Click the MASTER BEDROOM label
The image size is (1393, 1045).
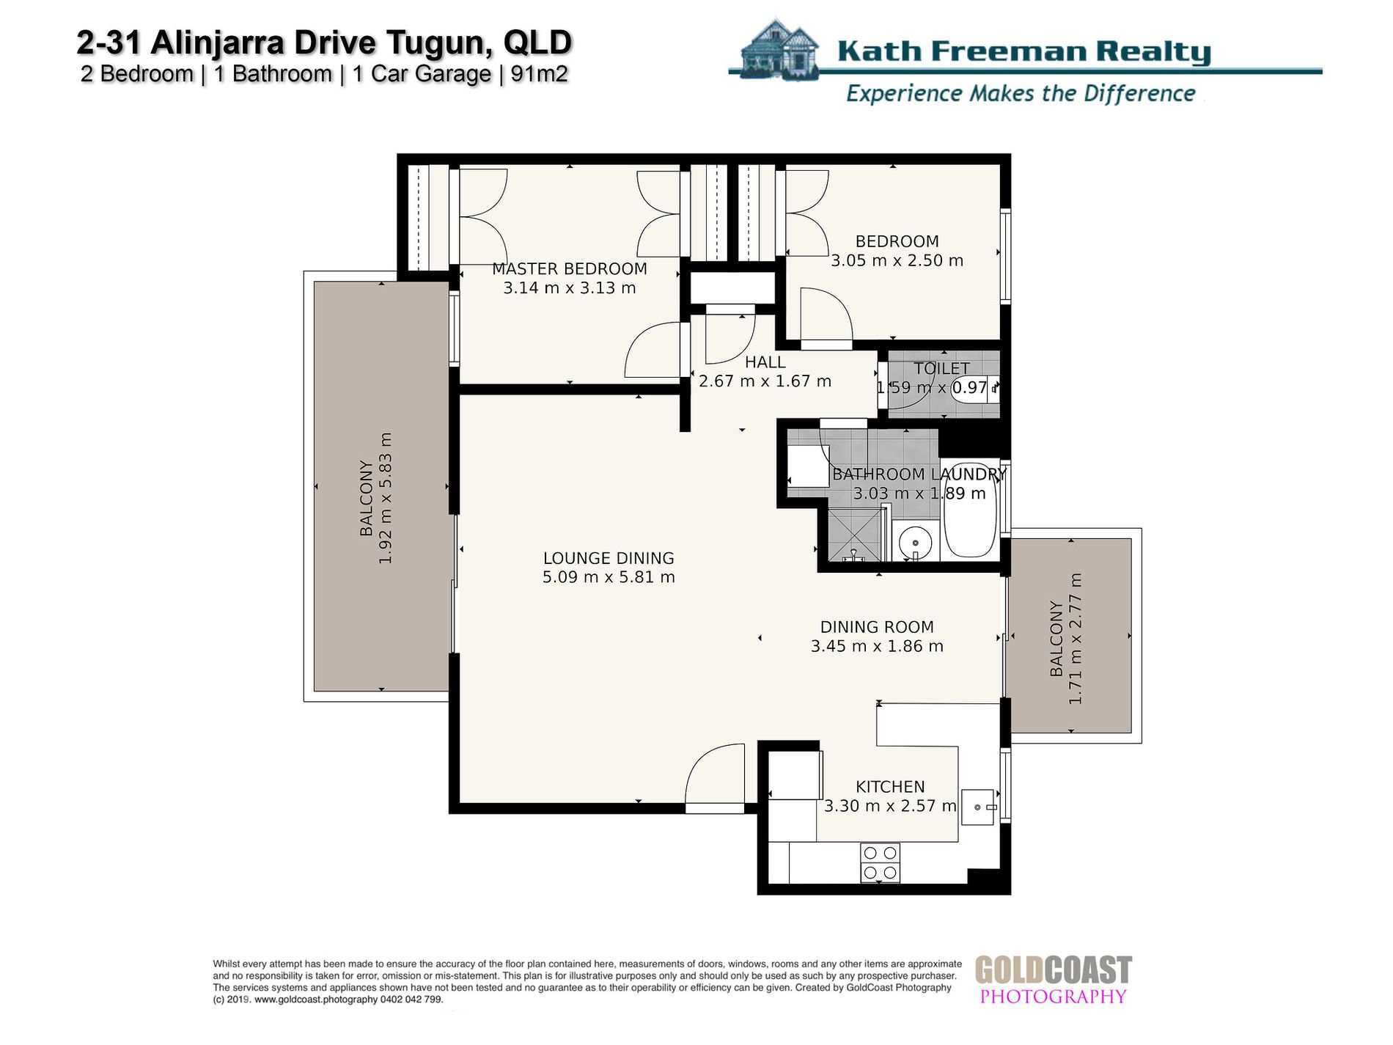coord(570,269)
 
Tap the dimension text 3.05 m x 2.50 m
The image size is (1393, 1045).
coord(897,261)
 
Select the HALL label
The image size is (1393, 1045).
coord(765,362)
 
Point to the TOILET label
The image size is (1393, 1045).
coord(941,369)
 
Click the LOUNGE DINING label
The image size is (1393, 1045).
coord(609,558)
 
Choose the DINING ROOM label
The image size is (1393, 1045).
coord(877,627)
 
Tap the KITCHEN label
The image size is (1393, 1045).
coord(890,787)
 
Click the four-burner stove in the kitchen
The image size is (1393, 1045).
coord(880,862)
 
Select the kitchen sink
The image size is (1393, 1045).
coord(978,807)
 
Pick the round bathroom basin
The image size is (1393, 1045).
coord(915,543)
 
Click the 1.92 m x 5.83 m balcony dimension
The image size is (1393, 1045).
coord(386,498)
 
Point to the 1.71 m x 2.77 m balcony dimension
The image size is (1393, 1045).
coord(1076,639)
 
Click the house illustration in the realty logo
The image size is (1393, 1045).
coord(779,49)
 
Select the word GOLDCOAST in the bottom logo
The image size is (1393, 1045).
coord(1053,970)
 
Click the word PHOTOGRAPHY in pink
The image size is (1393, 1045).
coord(1053,997)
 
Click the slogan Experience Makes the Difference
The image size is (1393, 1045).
coord(1021,94)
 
